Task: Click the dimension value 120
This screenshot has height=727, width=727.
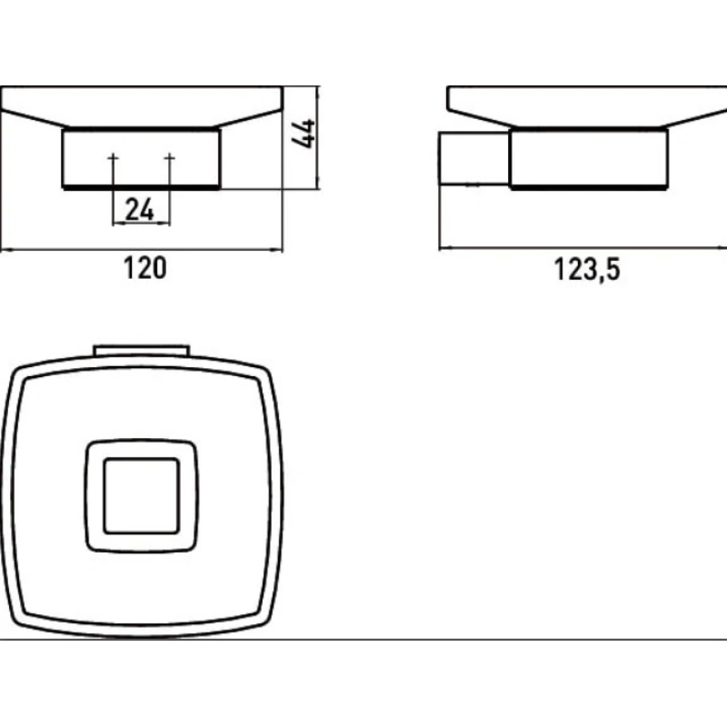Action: pyautogui.click(x=144, y=268)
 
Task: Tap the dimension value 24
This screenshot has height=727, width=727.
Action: pyautogui.click(x=140, y=210)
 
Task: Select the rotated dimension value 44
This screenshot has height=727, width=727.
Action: pyautogui.click(x=304, y=134)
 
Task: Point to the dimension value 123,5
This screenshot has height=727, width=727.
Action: pyautogui.click(x=587, y=269)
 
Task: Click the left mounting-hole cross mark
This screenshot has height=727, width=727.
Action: pyautogui.click(x=113, y=158)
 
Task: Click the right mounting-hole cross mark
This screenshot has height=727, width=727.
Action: pyautogui.click(x=170, y=158)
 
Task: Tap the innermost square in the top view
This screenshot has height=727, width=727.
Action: pyautogui.click(x=142, y=495)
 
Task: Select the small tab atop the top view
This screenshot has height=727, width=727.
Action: pyautogui.click(x=142, y=351)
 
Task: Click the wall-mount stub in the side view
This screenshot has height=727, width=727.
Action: pyautogui.click(x=473, y=158)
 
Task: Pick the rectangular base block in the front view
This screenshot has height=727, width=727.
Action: pyautogui.click(x=142, y=158)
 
